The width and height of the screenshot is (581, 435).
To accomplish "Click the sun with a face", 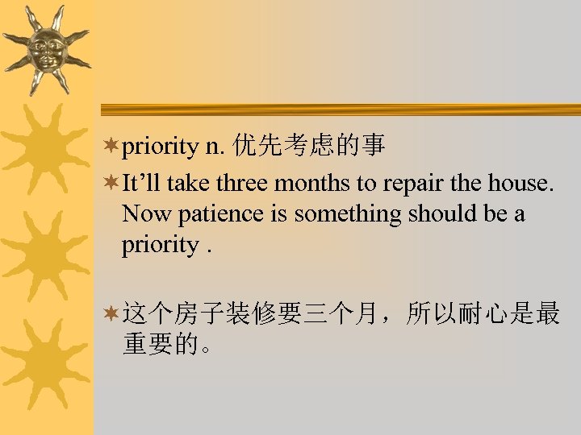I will [45, 51].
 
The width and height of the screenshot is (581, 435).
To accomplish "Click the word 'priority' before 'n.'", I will [160, 146].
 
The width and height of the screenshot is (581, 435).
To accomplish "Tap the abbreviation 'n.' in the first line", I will [214, 146].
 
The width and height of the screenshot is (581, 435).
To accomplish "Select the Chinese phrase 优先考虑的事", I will [308, 146].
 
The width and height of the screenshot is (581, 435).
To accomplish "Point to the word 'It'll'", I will [142, 184].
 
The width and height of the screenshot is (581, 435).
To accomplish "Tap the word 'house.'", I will [521, 184].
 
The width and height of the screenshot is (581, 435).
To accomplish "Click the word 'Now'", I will [142, 214].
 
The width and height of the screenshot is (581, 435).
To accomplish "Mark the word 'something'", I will [348, 215].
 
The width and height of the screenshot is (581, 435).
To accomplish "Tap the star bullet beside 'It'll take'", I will [111, 183].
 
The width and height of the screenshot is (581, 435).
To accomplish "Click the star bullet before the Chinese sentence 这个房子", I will [111, 314].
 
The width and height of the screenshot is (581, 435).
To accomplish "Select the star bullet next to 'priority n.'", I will [111, 146].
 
